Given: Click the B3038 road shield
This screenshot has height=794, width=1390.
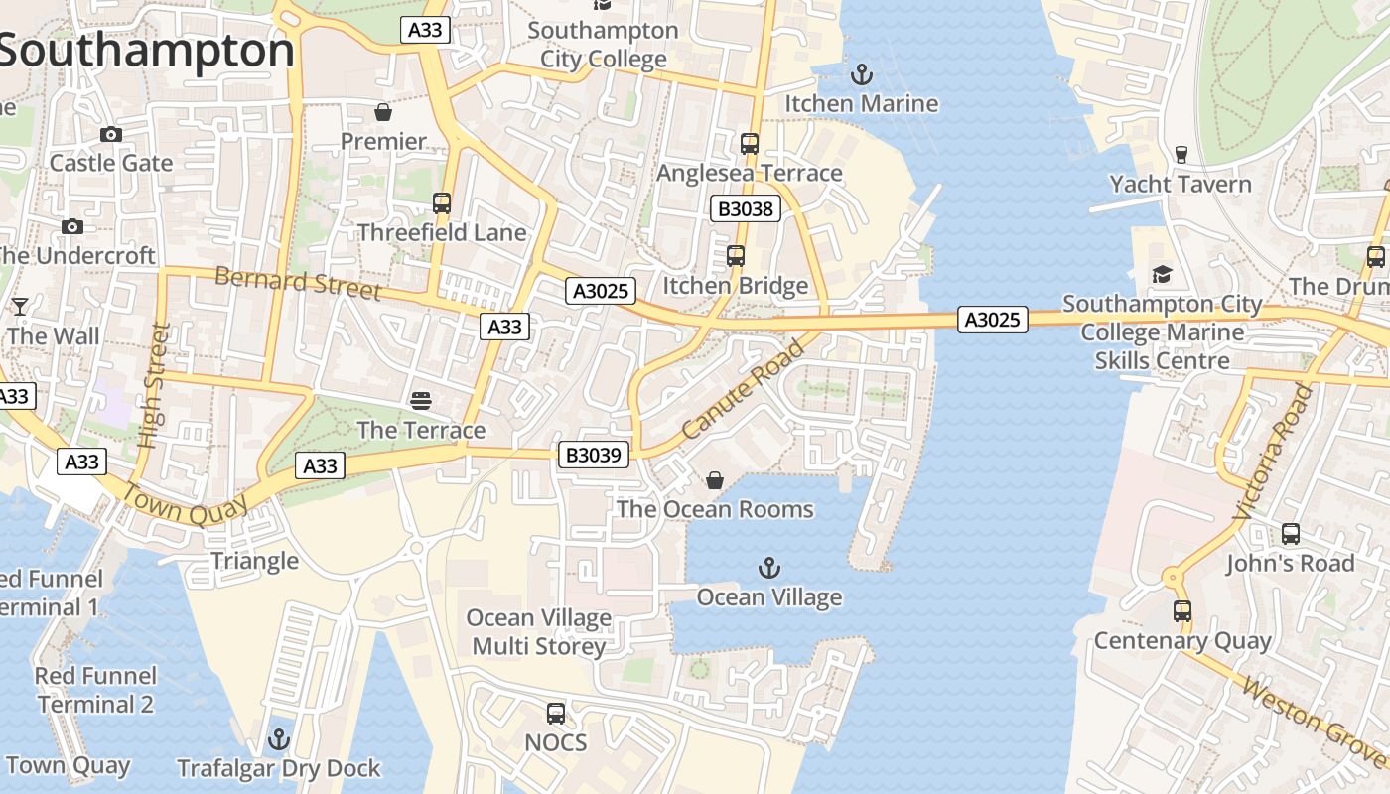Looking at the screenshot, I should [x=745, y=208].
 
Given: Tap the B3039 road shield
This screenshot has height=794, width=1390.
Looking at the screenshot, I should [x=594, y=455].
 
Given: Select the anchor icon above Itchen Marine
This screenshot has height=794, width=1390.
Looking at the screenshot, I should [x=862, y=74].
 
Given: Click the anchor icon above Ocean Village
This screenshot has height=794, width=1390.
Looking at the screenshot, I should [x=768, y=568].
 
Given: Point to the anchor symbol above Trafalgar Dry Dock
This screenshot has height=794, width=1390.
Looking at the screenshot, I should [x=279, y=739].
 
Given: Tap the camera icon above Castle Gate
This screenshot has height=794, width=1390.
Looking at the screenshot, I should [x=111, y=134].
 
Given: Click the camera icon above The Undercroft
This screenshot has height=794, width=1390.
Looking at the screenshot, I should [x=71, y=226].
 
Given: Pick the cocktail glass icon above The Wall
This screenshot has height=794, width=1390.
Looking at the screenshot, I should [x=19, y=306].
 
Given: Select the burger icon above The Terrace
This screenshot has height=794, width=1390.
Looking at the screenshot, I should [x=421, y=400].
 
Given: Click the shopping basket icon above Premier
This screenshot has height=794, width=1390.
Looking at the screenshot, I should [x=383, y=111].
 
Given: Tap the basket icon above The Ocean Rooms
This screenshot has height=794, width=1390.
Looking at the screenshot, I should [x=714, y=480].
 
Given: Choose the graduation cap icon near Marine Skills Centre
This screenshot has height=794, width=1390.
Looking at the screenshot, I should [x=1162, y=274].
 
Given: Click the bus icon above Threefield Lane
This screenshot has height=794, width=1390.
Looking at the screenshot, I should [x=442, y=203].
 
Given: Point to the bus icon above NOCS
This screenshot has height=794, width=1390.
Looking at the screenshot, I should [x=556, y=713].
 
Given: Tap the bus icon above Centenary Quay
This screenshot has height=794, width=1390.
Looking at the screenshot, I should [x=1182, y=610].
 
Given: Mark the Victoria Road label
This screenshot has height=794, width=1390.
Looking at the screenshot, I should [x=1274, y=452].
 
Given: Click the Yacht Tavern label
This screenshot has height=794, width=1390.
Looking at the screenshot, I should [x=1181, y=184].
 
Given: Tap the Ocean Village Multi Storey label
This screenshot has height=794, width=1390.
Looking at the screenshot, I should [x=538, y=632].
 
